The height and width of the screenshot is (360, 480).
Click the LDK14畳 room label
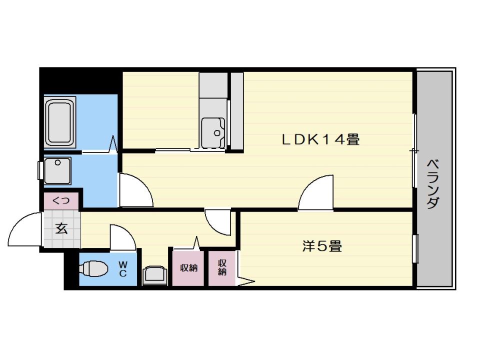(320, 139)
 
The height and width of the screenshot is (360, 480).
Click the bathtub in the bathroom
(60, 122)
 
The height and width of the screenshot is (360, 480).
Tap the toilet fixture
(94, 269)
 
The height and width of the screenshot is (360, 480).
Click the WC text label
(122, 268)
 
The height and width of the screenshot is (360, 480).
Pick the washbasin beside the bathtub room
(57, 170)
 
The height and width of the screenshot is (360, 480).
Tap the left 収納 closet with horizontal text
(188, 267)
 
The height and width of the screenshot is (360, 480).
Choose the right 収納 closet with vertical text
(222, 267)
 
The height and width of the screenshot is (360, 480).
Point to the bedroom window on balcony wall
(414, 247)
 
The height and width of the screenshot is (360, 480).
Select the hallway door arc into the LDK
(218, 221)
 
